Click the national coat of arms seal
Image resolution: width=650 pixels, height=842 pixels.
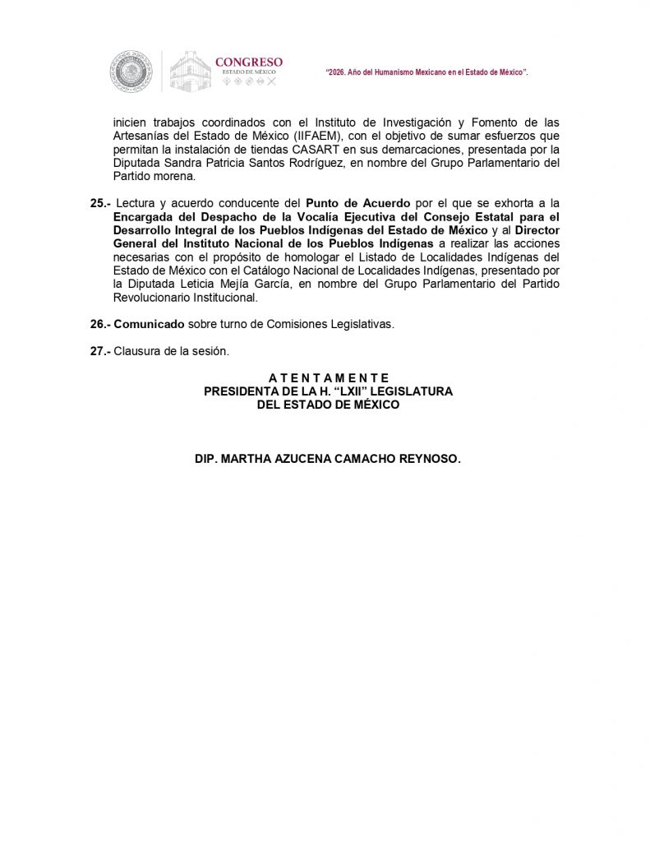pos(131,72)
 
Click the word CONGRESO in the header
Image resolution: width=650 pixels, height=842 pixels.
pos(248,62)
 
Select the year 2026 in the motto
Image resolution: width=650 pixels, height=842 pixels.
pos(339,73)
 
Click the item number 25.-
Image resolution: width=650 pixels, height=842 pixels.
pos(99,203)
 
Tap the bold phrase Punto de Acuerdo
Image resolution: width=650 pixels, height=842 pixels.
pos(357,203)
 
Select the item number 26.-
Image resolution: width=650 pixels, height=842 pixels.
pos(99,324)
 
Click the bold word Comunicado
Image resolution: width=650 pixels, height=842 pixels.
pos(149,324)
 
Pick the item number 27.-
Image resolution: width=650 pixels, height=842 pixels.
pos(99,351)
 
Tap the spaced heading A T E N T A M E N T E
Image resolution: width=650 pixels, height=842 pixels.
pos(328,378)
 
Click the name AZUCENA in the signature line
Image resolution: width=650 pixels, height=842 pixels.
pos(297,460)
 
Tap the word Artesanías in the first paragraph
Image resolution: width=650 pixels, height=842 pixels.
pos(142,136)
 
